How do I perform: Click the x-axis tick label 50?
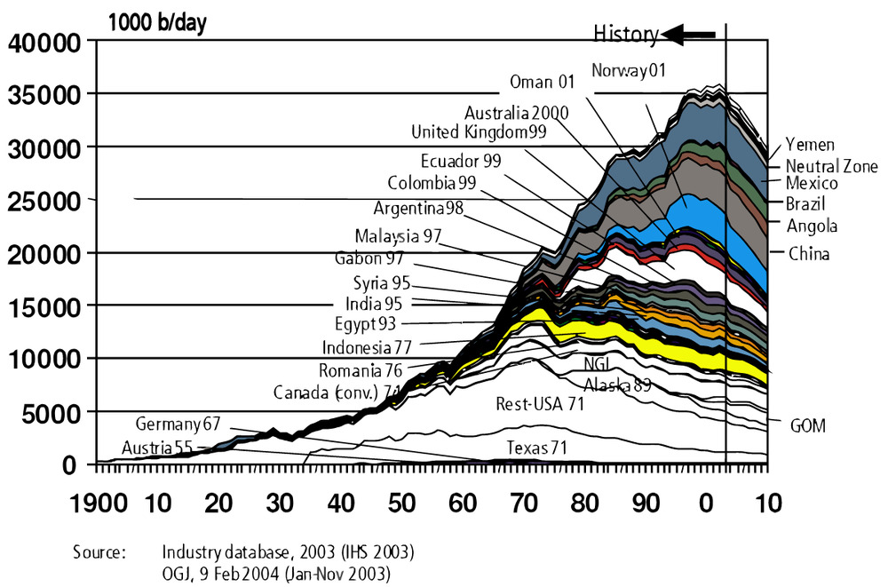click(x=402, y=504)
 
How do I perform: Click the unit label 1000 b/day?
click(x=157, y=23)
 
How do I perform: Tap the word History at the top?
click(x=625, y=35)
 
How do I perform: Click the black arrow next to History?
click(x=689, y=35)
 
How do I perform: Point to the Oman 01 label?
click(x=542, y=82)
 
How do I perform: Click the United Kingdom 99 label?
click(x=480, y=132)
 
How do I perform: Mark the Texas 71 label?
click(x=536, y=448)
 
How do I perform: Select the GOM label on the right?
click(x=807, y=426)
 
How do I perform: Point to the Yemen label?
click(x=810, y=145)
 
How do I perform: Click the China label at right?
click(x=809, y=254)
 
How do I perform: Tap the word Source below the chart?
click(x=99, y=551)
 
